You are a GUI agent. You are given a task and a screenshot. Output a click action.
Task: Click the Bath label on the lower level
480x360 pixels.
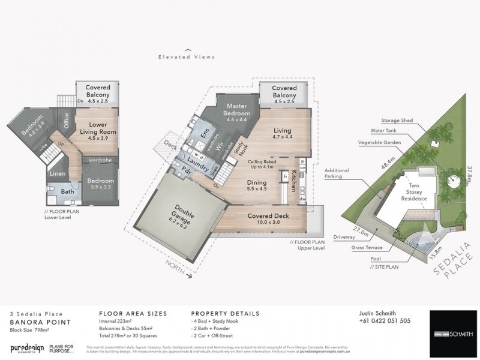point(68,192)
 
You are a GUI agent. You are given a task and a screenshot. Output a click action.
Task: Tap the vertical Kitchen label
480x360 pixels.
point(293,180)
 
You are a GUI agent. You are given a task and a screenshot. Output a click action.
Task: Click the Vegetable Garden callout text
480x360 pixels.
point(380,142)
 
